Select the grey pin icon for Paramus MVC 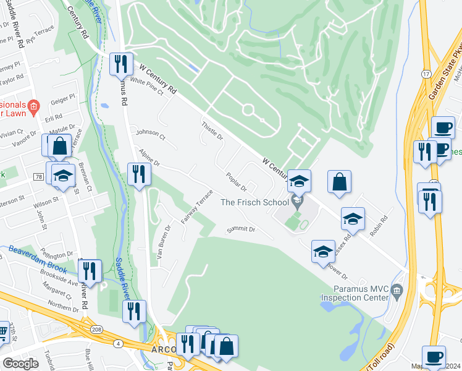pos(397,289)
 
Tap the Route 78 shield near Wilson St pos(38,177)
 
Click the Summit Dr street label pos(240,229)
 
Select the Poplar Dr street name pos(236,182)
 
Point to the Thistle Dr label pos(211,130)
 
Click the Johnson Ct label pos(151,132)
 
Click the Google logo pos(20,364)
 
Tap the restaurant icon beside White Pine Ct pos(120,64)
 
